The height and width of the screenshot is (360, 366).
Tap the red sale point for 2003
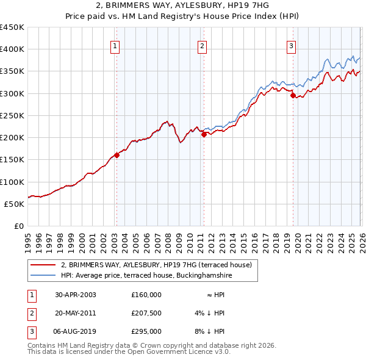point(117,155)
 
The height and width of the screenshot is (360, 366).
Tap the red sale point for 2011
point(204,134)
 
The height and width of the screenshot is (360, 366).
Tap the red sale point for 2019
point(293,95)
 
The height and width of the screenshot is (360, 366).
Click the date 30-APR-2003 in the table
point(75,295)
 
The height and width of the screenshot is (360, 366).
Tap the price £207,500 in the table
point(146,313)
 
